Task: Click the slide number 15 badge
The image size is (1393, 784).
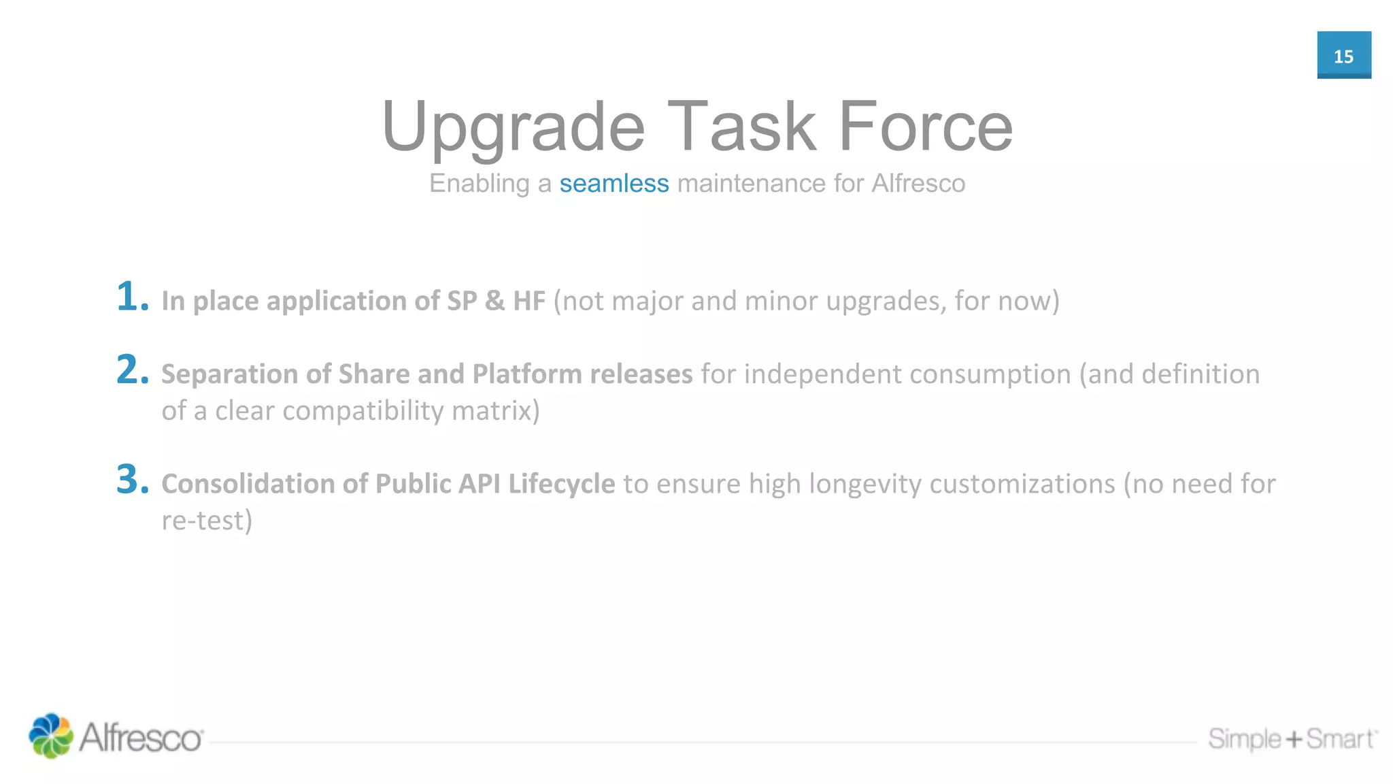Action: click(1343, 55)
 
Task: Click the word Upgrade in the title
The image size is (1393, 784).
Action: click(513, 128)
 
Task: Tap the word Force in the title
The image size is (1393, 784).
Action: click(925, 127)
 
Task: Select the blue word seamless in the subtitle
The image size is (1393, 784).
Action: click(614, 184)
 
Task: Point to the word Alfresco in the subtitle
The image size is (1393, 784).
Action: click(918, 184)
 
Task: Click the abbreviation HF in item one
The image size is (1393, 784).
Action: click(528, 301)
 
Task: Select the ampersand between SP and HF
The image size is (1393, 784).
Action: click(494, 301)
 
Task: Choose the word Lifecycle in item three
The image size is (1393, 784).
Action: click(561, 484)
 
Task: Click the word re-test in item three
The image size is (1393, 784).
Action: click(206, 521)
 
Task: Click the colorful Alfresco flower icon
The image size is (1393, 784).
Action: click(50, 736)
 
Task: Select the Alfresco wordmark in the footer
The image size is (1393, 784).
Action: click(141, 738)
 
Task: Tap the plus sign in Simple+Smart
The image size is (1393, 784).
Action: click(1294, 739)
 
